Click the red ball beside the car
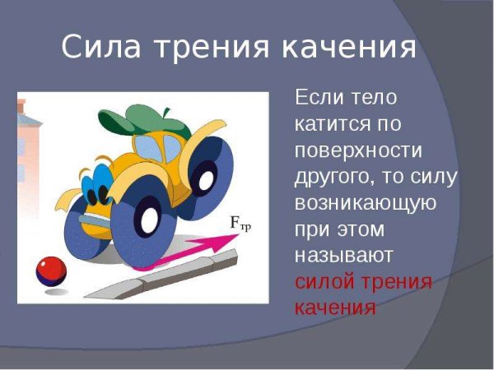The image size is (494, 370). pos(50,271)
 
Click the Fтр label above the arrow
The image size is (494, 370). pos(240,224)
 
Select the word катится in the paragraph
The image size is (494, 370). pos(329,124)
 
